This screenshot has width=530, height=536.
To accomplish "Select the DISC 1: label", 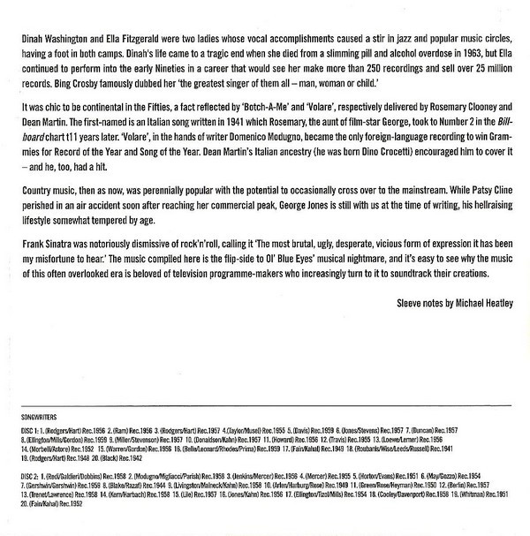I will pyautogui.click(x=31, y=427).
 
